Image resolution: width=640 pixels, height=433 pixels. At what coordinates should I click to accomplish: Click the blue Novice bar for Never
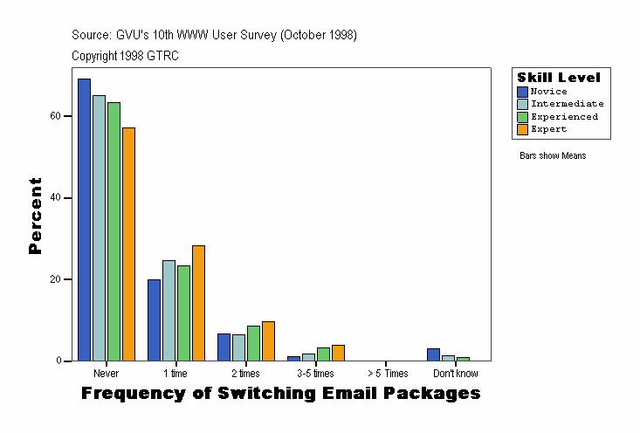pos(84,219)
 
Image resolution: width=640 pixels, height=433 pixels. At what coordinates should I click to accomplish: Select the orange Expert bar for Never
pos(128,244)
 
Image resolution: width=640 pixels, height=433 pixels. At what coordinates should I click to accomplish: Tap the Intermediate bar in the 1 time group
pos(169,310)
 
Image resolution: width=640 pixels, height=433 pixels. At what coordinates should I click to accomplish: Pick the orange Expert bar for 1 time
pos(198,303)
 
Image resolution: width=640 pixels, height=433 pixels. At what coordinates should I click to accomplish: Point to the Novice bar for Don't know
pos(433,354)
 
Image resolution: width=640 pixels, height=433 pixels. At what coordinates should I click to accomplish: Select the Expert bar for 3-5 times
pos(338,353)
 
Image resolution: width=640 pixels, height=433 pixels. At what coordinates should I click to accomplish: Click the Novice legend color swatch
pos(523,92)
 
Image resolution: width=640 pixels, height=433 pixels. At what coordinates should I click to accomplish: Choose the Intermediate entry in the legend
pos(567,104)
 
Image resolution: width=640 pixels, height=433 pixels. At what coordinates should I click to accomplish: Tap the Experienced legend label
pos(564,117)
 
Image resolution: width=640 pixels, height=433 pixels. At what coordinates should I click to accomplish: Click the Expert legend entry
pos(548,129)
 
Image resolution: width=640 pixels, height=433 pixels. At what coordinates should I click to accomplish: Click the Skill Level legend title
pos(559,78)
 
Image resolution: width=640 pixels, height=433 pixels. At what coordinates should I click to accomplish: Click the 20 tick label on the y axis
pos(54,279)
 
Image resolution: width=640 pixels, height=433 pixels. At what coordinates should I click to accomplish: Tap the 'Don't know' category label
pos(455,374)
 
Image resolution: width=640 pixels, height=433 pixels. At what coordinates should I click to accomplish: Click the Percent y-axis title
pos(35,216)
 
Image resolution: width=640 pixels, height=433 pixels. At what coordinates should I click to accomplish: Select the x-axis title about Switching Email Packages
pos(280,394)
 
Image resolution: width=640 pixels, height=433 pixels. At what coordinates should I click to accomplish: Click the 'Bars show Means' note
pos(553,156)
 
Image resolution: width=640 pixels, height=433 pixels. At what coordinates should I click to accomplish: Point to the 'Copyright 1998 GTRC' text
pos(126,56)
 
